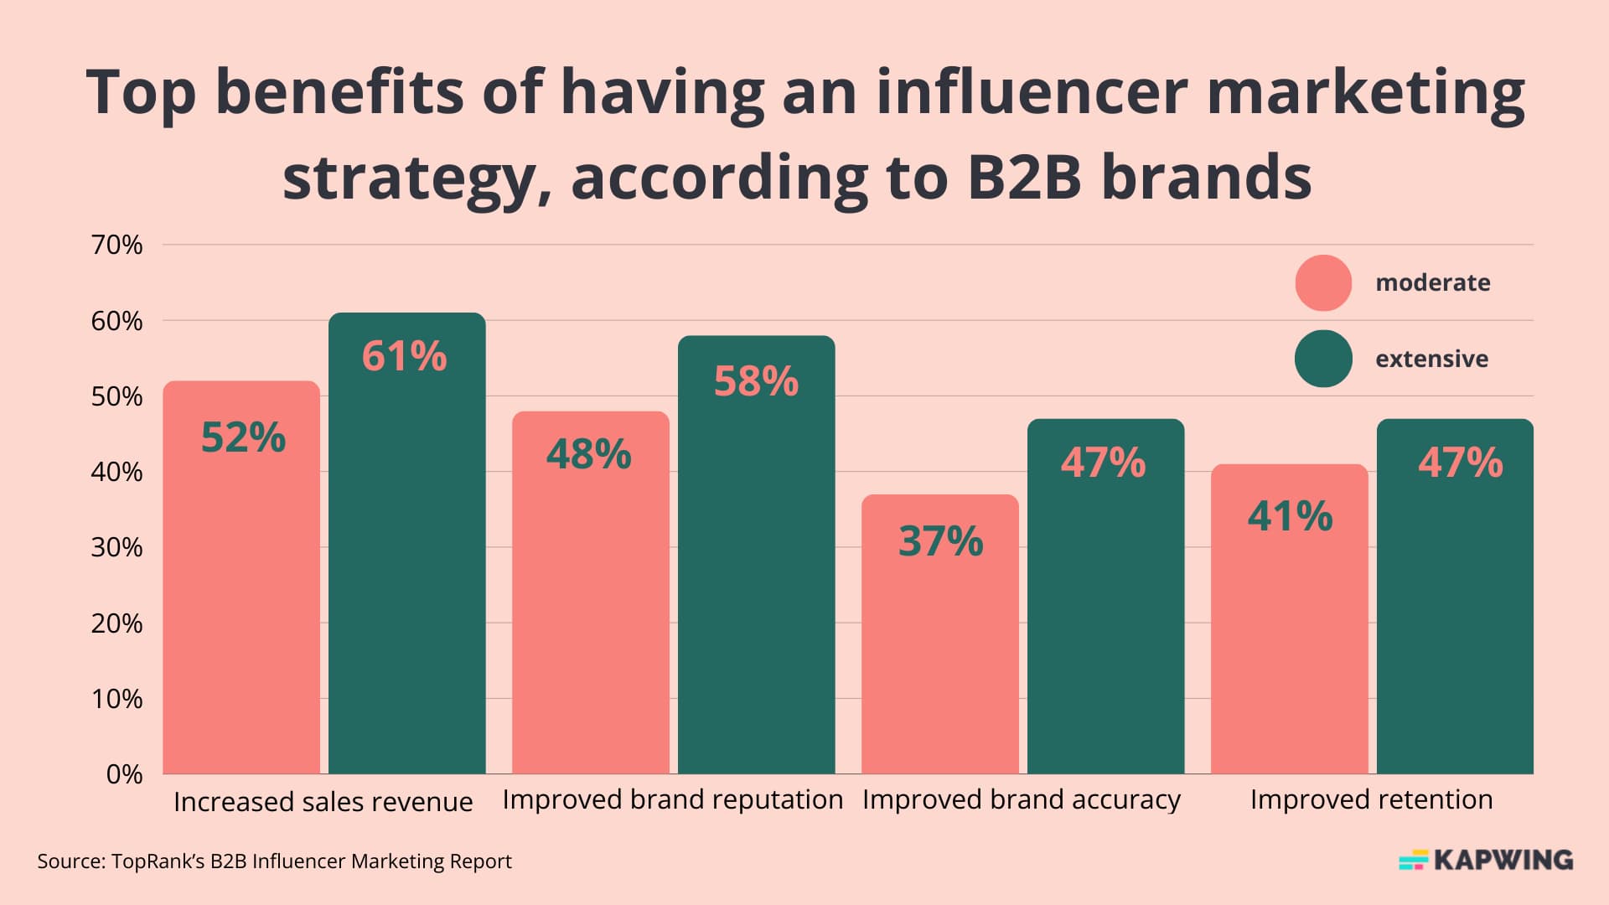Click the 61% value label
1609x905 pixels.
click(404, 356)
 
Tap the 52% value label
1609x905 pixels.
click(243, 437)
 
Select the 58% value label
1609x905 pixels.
click(756, 381)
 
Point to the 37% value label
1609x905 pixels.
click(940, 541)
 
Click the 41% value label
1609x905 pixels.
click(1290, 516)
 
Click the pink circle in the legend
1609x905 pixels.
click(1323, 283)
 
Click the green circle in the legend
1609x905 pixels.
click(1323, 359)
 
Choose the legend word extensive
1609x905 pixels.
click(1431, 359)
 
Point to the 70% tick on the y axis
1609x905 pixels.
click(117, 245)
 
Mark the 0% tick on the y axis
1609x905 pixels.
click(124, 773)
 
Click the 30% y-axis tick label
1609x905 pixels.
click(117, 547)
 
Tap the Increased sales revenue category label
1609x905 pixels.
click(323, 802)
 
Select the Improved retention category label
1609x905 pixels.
click(1371, 799)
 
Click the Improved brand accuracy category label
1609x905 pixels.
click(1021, 799)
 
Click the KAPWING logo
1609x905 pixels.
click(1486, 860)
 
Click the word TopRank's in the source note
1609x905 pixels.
click(158, 861)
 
